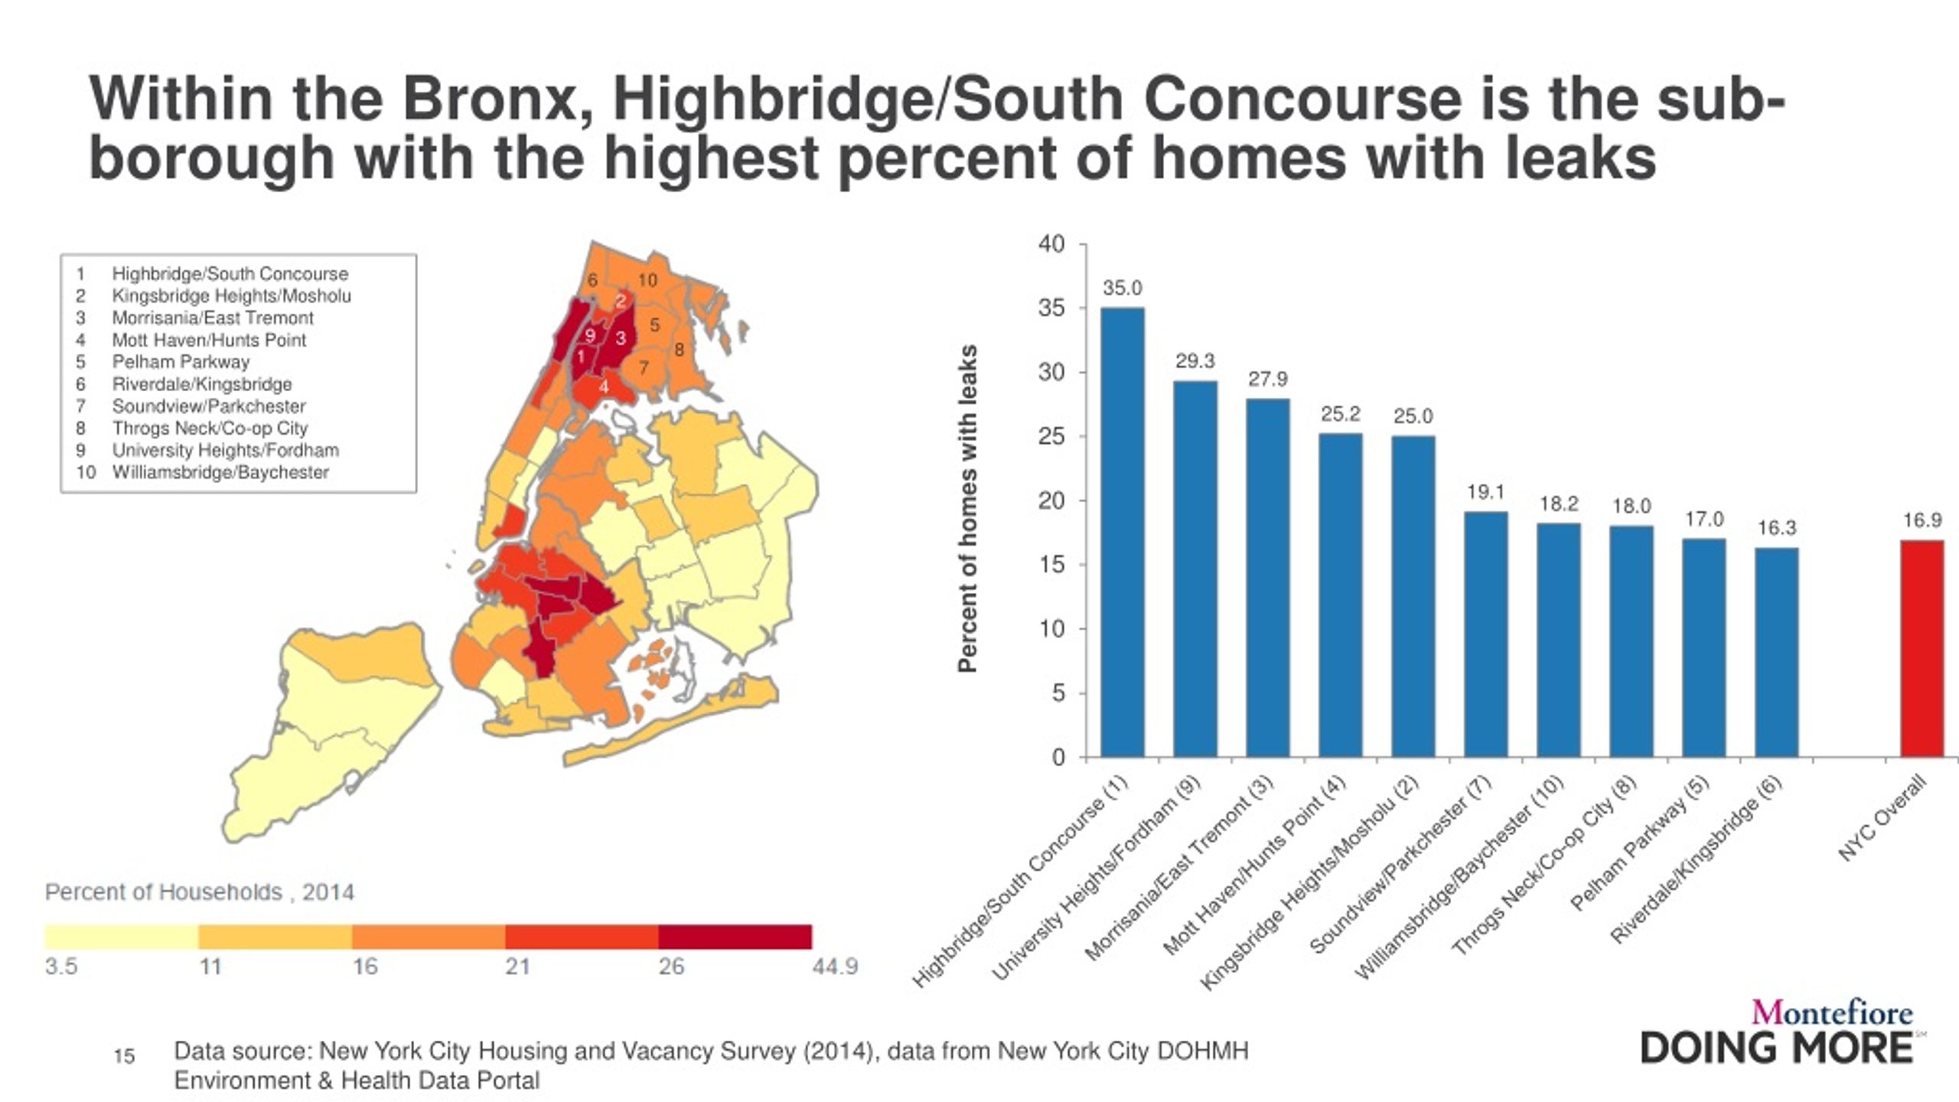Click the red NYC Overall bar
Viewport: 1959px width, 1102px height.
pyautogui.click(x=1922, y=649)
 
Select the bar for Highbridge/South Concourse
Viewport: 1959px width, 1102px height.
pyautogui.click(x=1123, y=532)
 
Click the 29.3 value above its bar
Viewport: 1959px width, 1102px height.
pyautogui.click(x=1195, y=361)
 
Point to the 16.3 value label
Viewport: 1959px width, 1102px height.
pyautogui.click(x=1776, y=528)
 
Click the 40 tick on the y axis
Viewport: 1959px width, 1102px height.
pyautogui.click(x=1051, y=245)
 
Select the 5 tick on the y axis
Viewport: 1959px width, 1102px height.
pyautogui.click(x=1058, y=693)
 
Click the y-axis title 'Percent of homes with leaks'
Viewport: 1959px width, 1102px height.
pyautogui.click(x=968, y=509)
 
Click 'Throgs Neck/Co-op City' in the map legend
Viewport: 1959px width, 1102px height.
pyautogui.click(x=210, y=429)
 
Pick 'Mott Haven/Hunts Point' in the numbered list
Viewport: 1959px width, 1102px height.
pyautogui.click(x=209, y=340)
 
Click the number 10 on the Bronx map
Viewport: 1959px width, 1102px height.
pyautogui.click(x=647, y=281)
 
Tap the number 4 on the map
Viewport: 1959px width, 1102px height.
pyautogui.click(x=604, y=387)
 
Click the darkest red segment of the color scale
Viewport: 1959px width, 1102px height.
pyautogui.click(x=735, y=937)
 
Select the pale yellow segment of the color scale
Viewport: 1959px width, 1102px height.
pyautogui.click(x=122, y=937)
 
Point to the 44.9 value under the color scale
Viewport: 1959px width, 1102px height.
pyautogui.click(x=835, y=967)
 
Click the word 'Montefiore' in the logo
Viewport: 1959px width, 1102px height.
pyautogui.click(x=1832, y=1013)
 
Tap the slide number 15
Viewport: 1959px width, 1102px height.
pyautogui.click(x=124, y=1057)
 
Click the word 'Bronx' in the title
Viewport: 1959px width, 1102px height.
pyautogui.click(x=490, y=99)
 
